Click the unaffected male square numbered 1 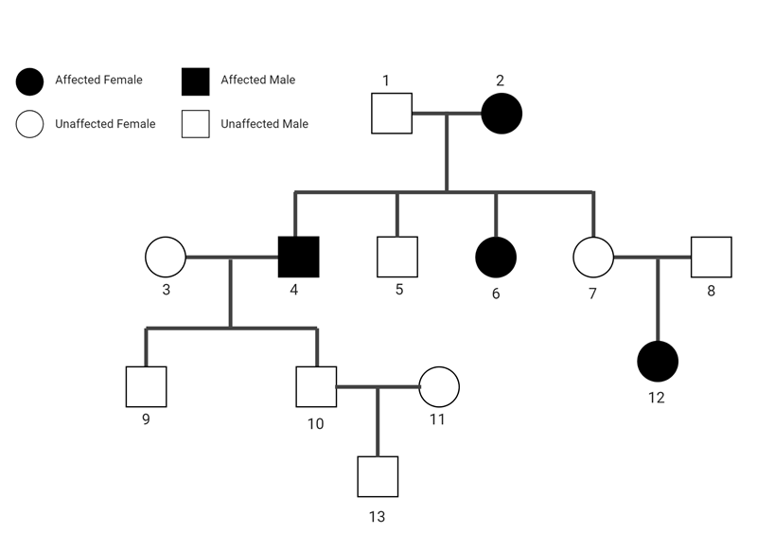coord(392,114)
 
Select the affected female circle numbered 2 coord(502,114)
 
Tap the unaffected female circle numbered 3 coord(166,257)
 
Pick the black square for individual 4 coord(298,257)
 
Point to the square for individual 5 coord(397,257)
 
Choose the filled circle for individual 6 coord(496,257)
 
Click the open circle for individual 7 coord(594,257)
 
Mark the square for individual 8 coord(712,257)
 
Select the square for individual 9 coord(146,386)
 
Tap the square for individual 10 coord(317,386)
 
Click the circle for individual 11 coord(439,386)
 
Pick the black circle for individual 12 coord(658,361)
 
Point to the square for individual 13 coord(378,476)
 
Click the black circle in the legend coord(30,82)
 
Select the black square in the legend coord(195,82)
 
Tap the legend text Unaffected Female coord(105,124)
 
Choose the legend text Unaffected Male coord(264,124)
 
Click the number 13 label coord(378,517)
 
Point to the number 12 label coord(657,398)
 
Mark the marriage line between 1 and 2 coord(447,114)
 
